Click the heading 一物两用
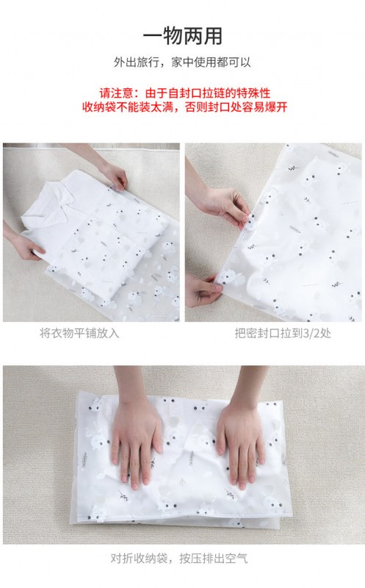[x=182, y=36]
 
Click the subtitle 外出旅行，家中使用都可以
[x=182, y=62]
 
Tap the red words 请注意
[x=116, y=93]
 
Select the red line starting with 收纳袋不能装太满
[x=185, y=107]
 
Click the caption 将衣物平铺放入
[x=79, y=333]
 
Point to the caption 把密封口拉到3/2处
[x=283, y=333]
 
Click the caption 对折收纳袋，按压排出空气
[x=179, y=559]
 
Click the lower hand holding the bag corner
[x=203, y=290]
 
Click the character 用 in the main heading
[x=212, y=36]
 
